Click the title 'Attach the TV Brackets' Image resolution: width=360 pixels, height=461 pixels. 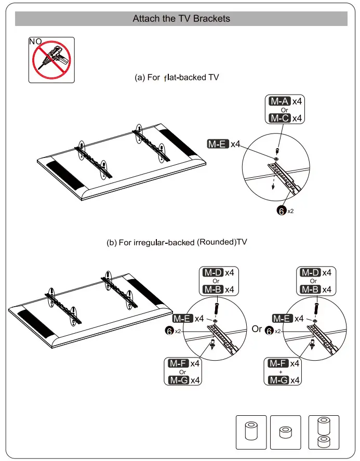(x=181, y=18)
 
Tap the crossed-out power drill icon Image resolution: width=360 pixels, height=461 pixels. (x=51, y=60)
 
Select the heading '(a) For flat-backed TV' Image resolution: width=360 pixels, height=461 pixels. (x=177, y=77)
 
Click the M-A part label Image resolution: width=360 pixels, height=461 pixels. (x=279, y=101)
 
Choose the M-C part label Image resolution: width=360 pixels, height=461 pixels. (x=279, y=118)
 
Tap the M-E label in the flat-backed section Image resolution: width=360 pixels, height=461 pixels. (x=218, y=144)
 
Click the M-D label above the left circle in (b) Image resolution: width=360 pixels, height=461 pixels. (x=212, y=272)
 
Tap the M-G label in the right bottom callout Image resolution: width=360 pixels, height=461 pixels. (x=279, y=380)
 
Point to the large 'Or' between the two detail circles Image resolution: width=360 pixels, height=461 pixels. (x=257, y=329)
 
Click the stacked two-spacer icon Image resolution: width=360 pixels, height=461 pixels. (x=323, y=432)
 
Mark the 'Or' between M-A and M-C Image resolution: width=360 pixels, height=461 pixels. (x=284, y=110)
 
